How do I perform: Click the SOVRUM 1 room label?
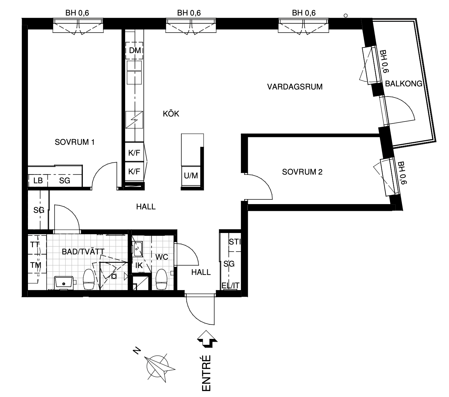[x=75, y=142]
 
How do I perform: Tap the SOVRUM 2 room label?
[x=302, y=172]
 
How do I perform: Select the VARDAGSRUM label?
[x=295, y=87]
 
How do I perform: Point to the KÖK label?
[x=171, y=114]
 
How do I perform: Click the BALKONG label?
[x=404, y=84]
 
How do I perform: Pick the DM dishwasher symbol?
[x=134, y=51]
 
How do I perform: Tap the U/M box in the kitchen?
[x=191, y=176]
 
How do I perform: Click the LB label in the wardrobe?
[x=38, y=180]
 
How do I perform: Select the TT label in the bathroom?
[x=35, y=244]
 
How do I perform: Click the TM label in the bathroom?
[x=36, y=265]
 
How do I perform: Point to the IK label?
[x=139, y=266]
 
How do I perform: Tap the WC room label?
[x=161, y=257]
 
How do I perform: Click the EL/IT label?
[x=230, y=285]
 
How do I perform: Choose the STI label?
[x=235, y=242]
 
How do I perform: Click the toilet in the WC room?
[x=161, y=279]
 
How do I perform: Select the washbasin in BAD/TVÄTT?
[x=64, y=283]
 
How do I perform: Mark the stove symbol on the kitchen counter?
[x=134, y=120]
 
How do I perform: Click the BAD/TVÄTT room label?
[x=83, y=252]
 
